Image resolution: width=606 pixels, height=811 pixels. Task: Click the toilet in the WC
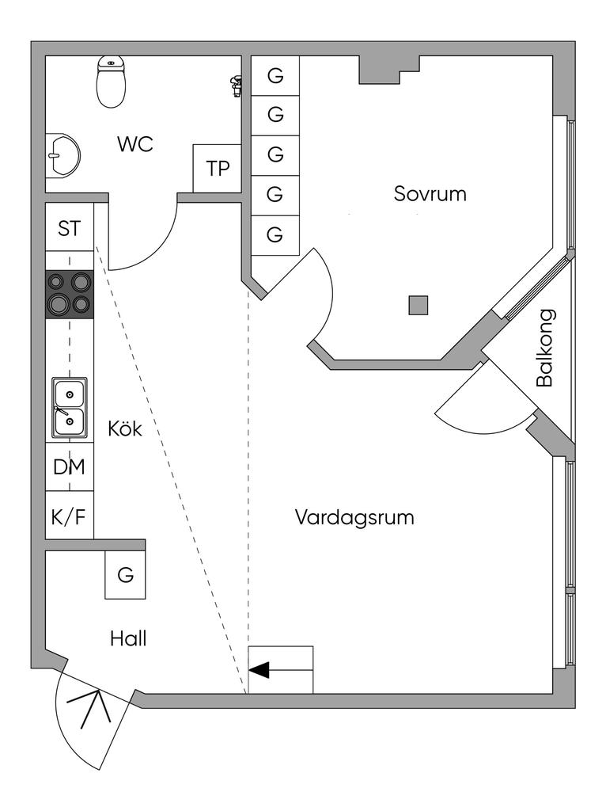112,82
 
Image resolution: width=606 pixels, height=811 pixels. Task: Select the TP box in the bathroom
217,169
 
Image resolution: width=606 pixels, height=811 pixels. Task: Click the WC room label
134,145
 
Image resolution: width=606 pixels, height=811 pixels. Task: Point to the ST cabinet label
69,229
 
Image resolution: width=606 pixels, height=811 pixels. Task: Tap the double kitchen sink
70,408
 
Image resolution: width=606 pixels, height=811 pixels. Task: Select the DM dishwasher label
69,467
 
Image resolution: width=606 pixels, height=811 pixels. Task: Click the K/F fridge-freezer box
69,517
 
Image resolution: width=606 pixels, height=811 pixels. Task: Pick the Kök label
125,429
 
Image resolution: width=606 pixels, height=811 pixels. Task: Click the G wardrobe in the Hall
126,575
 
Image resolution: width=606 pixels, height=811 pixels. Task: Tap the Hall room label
128,638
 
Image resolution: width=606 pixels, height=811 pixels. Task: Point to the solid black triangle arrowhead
259,671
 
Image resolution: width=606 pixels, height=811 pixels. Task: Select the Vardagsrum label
354,518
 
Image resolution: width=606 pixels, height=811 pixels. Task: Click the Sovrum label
430,193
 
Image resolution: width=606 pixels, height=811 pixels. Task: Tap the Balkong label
544,347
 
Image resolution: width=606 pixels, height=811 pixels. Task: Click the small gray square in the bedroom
418,305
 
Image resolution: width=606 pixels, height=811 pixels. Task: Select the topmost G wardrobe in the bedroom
275,76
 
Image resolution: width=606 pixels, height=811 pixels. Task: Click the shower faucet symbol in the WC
235,85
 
